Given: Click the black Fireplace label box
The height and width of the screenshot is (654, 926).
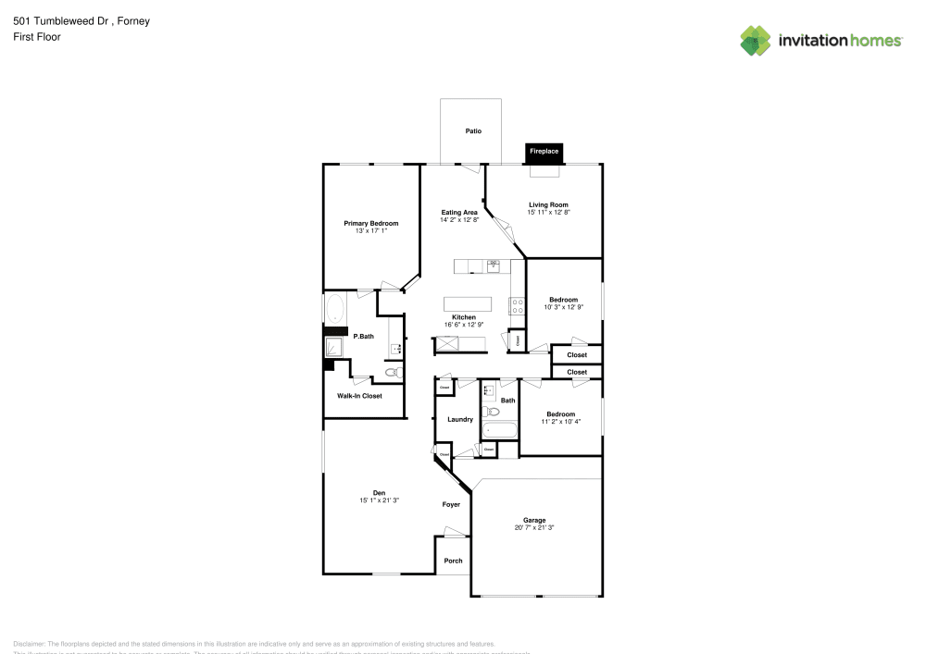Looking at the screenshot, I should click(544, 151).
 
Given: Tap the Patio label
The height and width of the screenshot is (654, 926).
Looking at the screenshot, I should click(473, 131).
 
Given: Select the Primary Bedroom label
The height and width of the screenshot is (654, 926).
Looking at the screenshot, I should click(370, 223).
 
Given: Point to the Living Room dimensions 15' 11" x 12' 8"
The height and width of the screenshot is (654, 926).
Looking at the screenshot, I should click(548, 213).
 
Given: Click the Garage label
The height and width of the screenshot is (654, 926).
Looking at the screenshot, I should click(534, 520).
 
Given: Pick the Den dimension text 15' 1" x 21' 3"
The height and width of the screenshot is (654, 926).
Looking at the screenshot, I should click(379, 500).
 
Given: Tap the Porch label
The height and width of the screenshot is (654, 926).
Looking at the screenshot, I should click(453, 561).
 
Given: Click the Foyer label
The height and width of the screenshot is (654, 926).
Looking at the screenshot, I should click(450, 504).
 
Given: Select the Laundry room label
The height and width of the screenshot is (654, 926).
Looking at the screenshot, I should click(459, 419).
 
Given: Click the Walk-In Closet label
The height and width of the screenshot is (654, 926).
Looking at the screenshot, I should click(359, 396).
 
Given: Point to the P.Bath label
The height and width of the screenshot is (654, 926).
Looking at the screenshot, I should click(362, 336).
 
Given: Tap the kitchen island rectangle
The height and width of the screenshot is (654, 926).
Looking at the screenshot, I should click(469, 304).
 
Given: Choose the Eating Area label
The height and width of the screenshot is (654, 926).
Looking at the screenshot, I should click(458, 213).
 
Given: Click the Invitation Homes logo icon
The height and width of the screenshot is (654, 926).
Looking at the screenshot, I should click(756, 41).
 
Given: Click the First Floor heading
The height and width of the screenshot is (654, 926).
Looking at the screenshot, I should click(37, 37).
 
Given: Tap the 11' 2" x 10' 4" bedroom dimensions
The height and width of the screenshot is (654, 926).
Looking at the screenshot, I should click(560, 422).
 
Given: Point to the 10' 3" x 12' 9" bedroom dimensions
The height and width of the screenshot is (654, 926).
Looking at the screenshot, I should click(563, 307).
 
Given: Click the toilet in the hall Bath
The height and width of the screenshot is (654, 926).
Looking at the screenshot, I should click(493, 412).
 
